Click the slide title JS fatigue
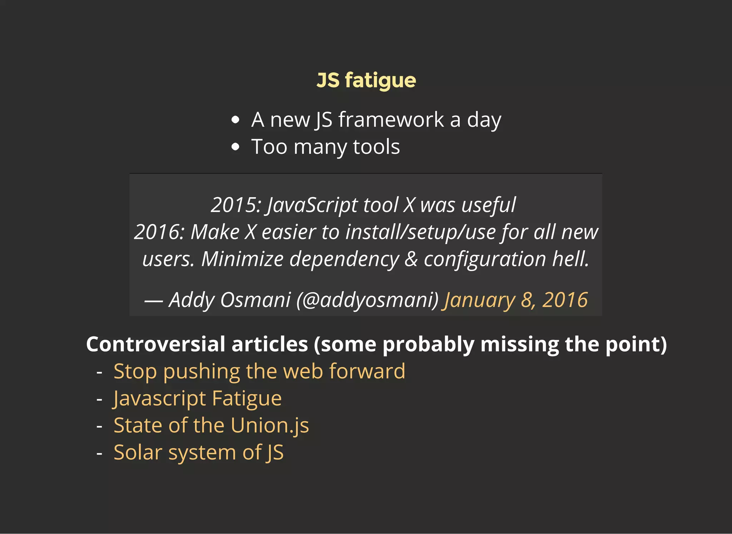tap(366, 80)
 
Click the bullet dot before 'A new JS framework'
tap(235, 120)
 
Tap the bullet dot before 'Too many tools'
tap(235, 147)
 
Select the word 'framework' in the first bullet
tap(391, 119)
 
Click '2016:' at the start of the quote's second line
tap(159, 232)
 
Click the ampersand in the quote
tap(411, 259)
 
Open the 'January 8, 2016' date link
tap(515, 300)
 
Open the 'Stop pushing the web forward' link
tap(259, 371)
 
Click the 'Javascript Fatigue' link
tap(198, 398)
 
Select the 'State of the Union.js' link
tap(211, 425)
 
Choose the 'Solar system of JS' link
tap(199, 452)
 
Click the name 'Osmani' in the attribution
tap(255, 300)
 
